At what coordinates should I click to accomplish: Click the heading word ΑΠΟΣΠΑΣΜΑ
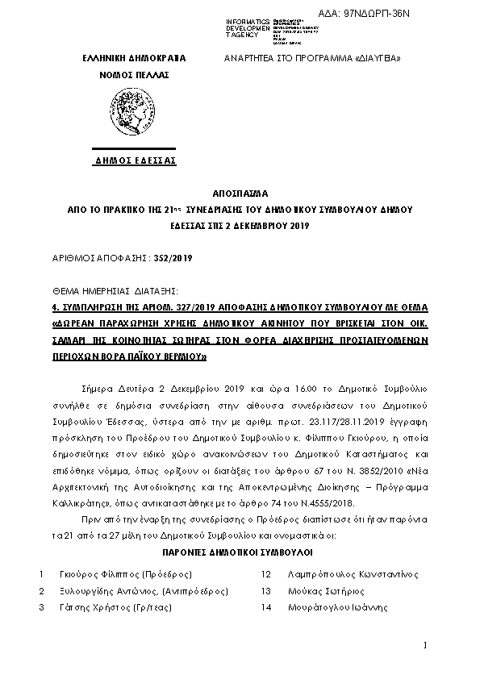coord(240,194)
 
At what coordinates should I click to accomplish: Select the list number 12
coord(265,574)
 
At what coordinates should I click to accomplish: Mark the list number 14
coord(265,608)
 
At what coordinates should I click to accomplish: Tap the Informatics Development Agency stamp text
coord(269,28)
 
